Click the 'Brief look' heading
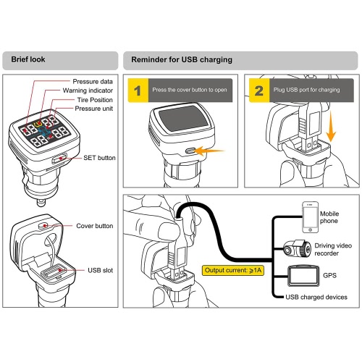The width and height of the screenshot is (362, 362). point(28,59)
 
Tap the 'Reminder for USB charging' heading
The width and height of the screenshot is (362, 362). point(182,59)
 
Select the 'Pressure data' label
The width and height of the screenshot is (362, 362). point(93,82)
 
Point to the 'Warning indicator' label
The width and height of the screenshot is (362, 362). point(88,90)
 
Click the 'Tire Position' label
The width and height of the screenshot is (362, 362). point(95,100)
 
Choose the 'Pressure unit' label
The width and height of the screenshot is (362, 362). point(93,109)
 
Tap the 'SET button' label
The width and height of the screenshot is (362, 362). point(99,158)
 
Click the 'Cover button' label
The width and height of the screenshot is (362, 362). point(95,226)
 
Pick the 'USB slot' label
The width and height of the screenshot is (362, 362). point(100,270)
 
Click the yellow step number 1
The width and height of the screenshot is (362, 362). point(138,90)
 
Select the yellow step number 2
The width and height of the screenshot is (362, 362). point(259,90)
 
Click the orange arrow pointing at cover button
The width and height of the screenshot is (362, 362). point(209,151)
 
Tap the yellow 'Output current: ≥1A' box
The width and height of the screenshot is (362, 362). point(233,270)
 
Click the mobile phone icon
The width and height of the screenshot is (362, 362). point(311,217)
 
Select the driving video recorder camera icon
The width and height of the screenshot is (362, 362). point(297,248)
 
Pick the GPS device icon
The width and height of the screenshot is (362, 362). point(303,276)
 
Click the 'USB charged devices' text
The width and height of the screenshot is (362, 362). point(316,297)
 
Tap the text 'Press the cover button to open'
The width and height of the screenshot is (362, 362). point(190,90)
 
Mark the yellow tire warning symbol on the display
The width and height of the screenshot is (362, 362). point(38,125)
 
